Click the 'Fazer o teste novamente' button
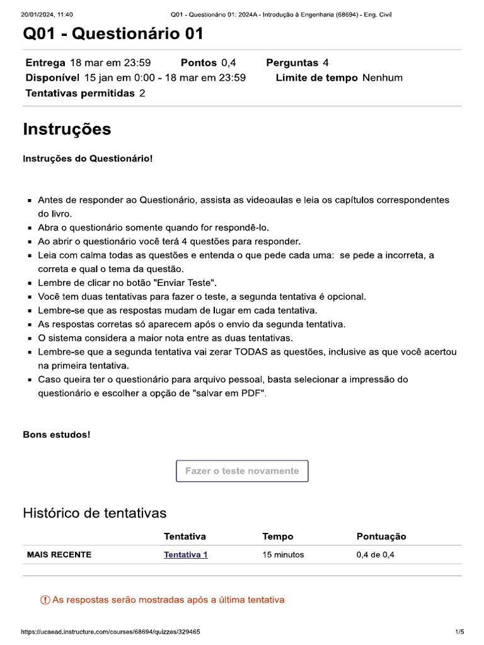[242, 471]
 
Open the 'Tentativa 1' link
[185, 555]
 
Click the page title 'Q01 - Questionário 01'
[113, 34]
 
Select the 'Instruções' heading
[67, 129]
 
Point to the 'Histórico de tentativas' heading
[95, 513]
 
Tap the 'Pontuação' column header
[381, 537]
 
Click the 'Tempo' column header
[277, 537]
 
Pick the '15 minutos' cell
[283, 555]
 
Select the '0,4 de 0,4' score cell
[376, 555]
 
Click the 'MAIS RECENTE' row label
[59, 555]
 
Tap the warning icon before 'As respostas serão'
[45, 600]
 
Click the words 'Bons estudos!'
[57, 435]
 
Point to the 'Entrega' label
[45, 62]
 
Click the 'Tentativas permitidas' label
[80, 93]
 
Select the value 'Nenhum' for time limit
[383, 78]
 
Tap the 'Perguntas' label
[292, 62]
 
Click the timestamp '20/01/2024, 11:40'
[47, 14]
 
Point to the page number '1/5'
[459, 632]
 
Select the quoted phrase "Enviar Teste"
[192, 282]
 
